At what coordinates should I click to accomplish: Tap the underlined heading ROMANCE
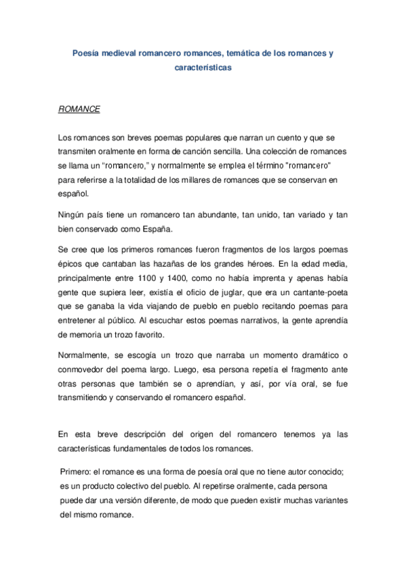(x=79, y=108)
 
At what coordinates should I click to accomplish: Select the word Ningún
(x=74, y=215)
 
